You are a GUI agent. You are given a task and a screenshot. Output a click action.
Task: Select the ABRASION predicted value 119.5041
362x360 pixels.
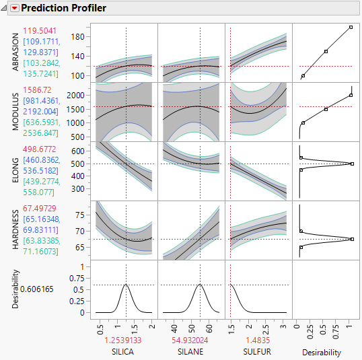[x=40, y=31]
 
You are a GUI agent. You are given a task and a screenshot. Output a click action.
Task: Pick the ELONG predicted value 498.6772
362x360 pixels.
[x=40, y=148]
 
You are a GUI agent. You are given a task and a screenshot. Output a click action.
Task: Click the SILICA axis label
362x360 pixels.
[x=125, y=352]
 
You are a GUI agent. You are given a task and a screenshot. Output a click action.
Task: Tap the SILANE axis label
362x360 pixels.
[x=191, y=352]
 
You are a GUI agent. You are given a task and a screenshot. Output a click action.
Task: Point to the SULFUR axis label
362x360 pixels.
[x=258, y=352]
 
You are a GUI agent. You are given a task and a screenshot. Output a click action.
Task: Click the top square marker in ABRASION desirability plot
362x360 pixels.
[x=351, y=28]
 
